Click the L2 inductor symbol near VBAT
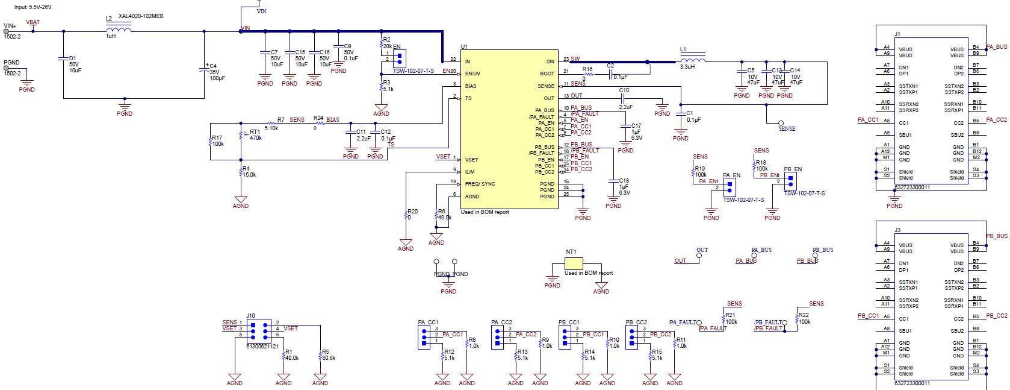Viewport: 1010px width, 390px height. (118, 29)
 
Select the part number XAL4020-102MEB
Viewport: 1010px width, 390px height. (140, 16)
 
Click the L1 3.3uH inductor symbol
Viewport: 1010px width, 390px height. (693, 60)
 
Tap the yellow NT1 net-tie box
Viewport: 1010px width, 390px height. (574, 263)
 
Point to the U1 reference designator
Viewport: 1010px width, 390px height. (464, 46)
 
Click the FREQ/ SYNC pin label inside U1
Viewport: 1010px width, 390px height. (480, 184)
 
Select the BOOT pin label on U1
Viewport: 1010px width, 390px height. (547, 74)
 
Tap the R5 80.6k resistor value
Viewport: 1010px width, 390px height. (329, 358)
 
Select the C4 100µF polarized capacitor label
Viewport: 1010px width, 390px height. (213, 66)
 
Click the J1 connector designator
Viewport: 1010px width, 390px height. (897, 34)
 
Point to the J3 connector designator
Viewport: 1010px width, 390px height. (897, 230)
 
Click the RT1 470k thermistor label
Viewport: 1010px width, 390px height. (255, 132)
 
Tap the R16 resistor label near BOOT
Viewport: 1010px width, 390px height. (587, 69)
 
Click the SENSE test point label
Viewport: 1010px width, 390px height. (787, 129)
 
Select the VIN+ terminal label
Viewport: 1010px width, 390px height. (10, 26)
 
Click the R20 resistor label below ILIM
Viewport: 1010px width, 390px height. (412, 212)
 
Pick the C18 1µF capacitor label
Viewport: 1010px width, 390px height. (624, 181)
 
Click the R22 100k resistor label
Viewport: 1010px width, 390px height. (804, 315)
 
